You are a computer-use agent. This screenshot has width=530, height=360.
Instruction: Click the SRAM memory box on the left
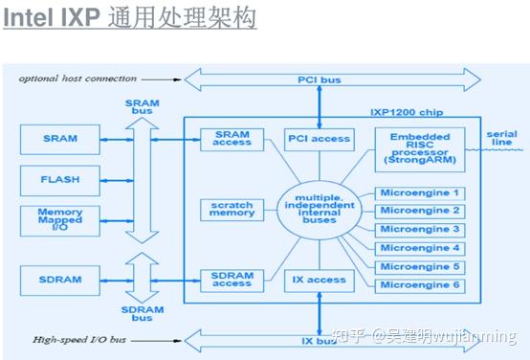[60, 139]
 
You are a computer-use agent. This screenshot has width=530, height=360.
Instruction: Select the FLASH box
[60, 177]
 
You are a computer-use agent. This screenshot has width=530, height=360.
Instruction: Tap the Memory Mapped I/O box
[60, 218]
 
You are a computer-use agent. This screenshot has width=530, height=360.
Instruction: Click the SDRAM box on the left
[60, 281]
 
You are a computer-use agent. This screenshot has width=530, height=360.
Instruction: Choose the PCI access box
[319, 139]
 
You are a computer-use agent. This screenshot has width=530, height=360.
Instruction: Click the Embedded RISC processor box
[419, 148]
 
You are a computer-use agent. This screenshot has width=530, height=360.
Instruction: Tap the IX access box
[319, 280]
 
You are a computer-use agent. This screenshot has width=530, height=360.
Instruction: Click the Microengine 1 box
[419, 192]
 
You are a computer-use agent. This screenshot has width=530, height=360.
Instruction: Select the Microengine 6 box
[419, 285]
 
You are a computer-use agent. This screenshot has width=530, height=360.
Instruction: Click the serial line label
[501, 138]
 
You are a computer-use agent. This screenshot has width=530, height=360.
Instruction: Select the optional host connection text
[72, 78]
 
